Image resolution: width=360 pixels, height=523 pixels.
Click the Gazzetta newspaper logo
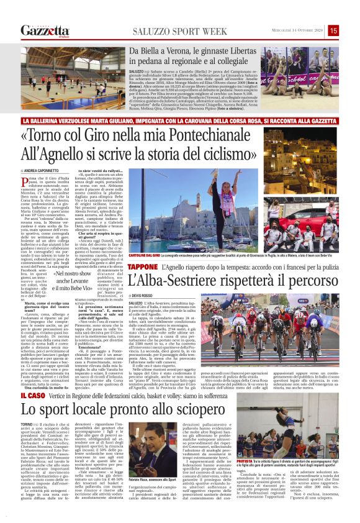coord(44,30)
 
